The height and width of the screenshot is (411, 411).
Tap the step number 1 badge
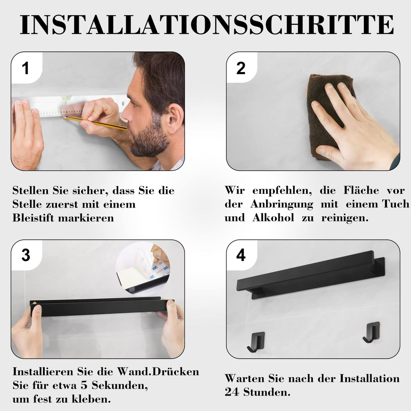(26, 69)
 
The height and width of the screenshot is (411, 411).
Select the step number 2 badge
(241, 69)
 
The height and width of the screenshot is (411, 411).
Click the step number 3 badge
(26, 255)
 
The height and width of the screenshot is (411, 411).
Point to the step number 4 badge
(241, 255)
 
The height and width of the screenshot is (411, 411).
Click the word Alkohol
(273, 218)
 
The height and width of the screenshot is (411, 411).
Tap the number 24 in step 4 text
(232, 392)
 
